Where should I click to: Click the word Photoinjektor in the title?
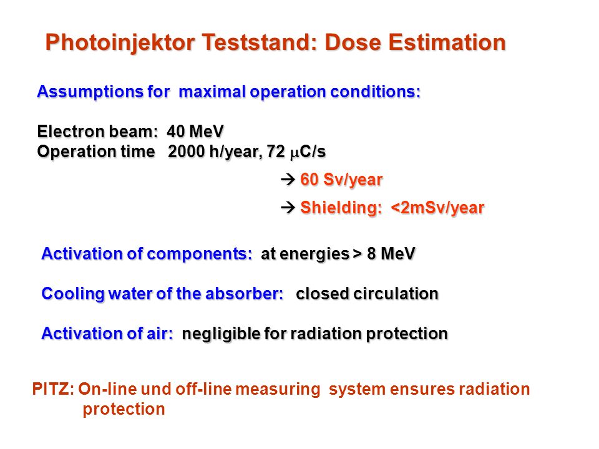120,43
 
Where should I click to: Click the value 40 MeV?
195,132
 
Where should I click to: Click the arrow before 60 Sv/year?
288,179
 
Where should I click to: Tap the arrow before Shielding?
288,207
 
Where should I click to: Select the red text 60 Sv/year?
341,180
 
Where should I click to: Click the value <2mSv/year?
437,208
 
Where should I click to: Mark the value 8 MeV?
391,254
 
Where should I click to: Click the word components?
199,254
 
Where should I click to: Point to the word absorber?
244,294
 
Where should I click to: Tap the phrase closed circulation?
367,294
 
